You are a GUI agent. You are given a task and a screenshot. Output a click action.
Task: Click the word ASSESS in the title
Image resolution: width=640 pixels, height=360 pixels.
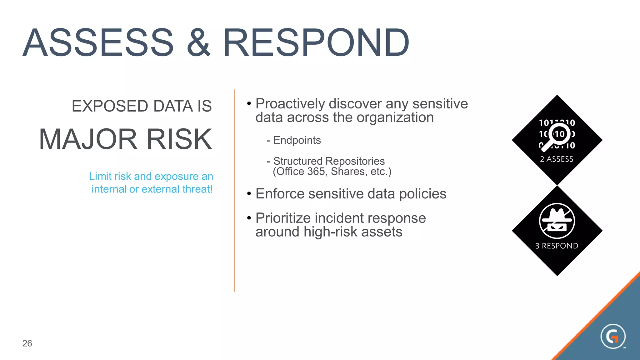coord(98,43)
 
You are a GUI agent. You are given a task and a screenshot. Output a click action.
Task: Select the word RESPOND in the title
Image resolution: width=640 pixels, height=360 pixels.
coord(316,43)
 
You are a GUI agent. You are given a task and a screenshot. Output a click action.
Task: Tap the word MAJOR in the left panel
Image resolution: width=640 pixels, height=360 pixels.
coord(88,139)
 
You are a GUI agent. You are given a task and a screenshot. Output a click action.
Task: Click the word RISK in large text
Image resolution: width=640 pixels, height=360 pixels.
coord(179,139)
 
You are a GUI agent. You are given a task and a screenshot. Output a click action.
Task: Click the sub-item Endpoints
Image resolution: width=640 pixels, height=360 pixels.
coord(297,140)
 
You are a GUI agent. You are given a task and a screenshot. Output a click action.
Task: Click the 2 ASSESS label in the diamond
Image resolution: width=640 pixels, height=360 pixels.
coord(557,159)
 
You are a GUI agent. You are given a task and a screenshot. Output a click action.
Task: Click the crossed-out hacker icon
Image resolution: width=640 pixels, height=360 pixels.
coord(557,221)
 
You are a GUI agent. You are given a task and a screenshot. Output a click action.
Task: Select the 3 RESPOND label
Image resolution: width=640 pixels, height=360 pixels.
coord(557,246)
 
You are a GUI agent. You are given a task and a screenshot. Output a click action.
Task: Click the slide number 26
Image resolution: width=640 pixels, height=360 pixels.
coord(27,343)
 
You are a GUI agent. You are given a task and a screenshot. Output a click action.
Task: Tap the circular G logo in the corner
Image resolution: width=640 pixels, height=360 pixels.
coord(612,337)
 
